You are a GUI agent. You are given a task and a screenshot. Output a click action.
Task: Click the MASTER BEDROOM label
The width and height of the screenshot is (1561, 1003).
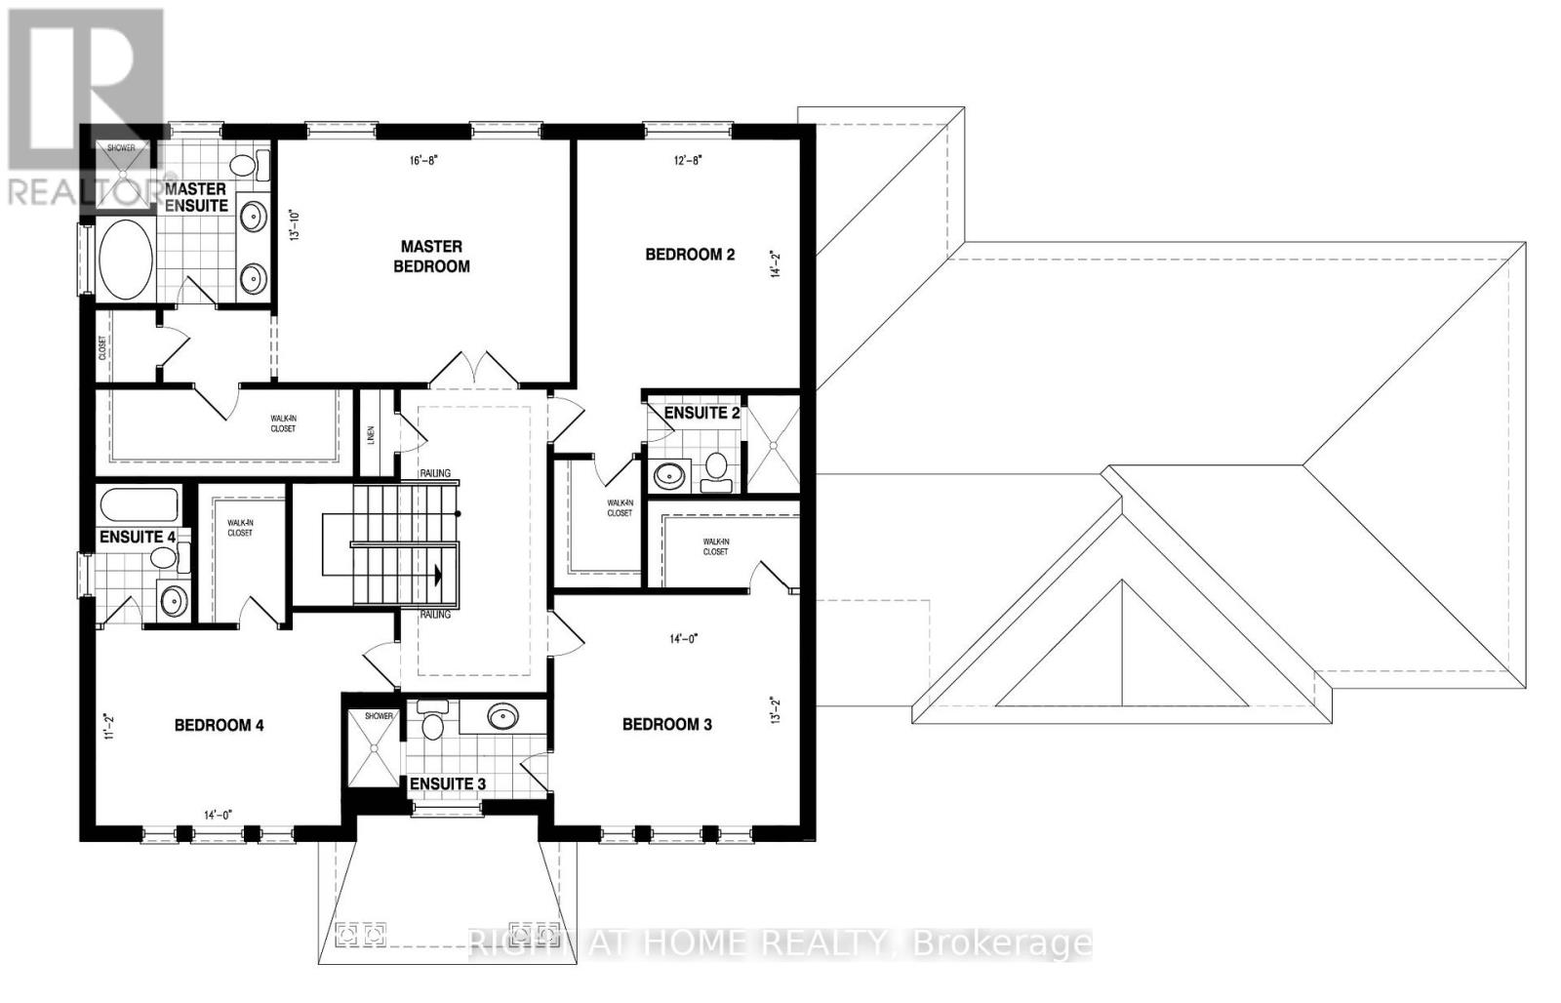pos(431,257)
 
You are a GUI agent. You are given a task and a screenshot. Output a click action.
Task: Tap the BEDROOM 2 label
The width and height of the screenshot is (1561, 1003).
pos(690,255)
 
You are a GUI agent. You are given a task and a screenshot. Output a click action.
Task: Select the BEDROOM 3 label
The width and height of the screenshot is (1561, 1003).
pos(666,724)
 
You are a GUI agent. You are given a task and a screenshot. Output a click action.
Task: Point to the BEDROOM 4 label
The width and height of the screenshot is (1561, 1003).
pos(219,725)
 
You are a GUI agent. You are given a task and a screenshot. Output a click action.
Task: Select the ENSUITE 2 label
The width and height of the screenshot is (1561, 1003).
pos(701,413)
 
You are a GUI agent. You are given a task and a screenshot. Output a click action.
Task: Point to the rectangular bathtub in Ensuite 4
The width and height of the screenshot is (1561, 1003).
pos(140,505)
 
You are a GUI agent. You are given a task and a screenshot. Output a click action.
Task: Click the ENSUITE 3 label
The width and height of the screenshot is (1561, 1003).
pos(447,784)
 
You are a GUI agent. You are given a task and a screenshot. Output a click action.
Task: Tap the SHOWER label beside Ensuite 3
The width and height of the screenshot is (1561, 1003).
pos(379,716)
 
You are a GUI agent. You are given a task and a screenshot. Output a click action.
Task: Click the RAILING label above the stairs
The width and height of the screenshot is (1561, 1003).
pos(435,473)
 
